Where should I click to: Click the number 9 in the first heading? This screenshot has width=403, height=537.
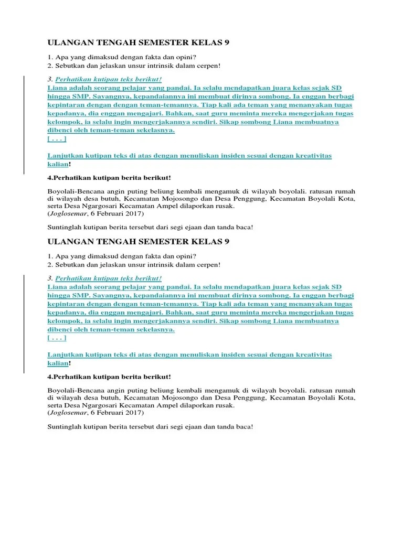(227, 42)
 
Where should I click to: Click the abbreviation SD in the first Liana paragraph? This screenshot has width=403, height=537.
(336, 88)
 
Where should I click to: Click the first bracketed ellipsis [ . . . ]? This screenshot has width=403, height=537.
(57, 139)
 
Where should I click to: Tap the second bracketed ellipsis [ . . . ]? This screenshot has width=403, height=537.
(57, 338)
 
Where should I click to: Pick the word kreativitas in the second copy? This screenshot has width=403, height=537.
(314, 355)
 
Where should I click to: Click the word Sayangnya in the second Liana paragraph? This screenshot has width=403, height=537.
(101, 295)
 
